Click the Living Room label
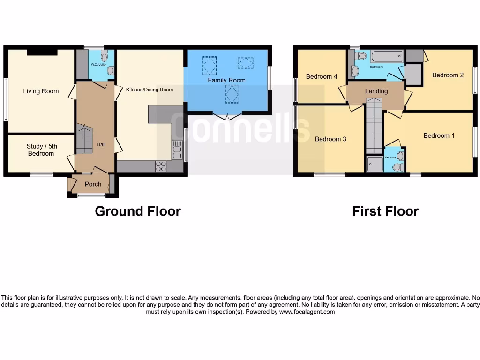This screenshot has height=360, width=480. (x=41, y=91)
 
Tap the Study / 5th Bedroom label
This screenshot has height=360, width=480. (x=41, y=150)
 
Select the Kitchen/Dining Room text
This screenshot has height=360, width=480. (x=150, y=90)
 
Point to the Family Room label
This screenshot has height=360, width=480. (x=227, y=80)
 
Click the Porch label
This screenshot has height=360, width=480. (x=93, y=184)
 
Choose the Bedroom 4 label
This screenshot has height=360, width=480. (x=322, y=76)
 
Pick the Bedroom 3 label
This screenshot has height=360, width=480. (x=330, y=139)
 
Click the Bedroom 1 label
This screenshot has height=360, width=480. (x=439, y=135)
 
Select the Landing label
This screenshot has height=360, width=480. (x=376, y=91)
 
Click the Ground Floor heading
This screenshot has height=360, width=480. (x=138, y=211)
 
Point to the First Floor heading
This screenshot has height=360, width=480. (x=385, y=211)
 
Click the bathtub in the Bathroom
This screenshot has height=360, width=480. (x=387, y=57)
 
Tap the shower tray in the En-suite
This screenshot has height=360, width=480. (x=375, y=164)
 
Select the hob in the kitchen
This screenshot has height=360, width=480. (x=160, y=166)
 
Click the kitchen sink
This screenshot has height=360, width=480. (x=177, y=150)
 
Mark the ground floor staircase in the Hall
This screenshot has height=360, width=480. (x=84, y=139)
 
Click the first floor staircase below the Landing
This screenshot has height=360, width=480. (x=374, y=126)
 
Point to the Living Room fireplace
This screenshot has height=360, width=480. (x=42, y=52)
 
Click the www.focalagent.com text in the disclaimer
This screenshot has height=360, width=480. (x=307, y=312)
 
